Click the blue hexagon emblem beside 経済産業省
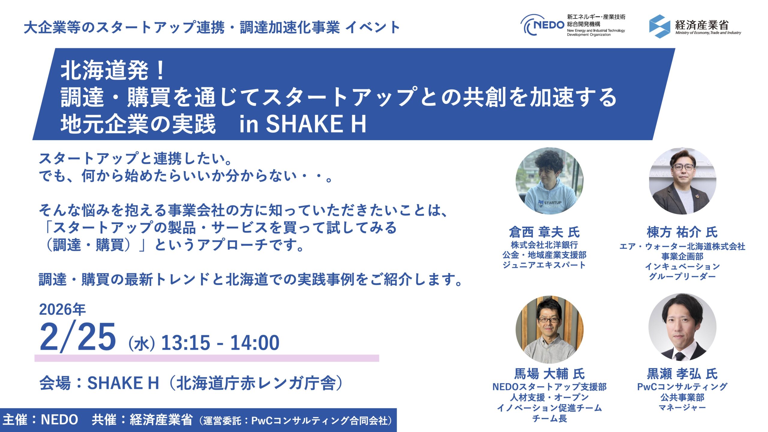[659, 26]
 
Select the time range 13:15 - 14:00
[220, 343]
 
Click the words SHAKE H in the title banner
[316, 124]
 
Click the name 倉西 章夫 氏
[544, 232]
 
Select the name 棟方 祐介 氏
[682, 232]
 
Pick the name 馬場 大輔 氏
[550, 374]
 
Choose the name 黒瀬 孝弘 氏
[682, 374]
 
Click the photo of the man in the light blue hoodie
[550, 181]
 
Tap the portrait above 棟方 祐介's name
[682, 181]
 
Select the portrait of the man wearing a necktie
[682, 327]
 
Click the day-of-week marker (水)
[142, 344]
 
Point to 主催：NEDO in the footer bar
[40, 419]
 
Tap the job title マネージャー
[682, 407]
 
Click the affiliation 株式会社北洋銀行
[544, 245]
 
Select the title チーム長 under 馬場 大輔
[550, 418]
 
